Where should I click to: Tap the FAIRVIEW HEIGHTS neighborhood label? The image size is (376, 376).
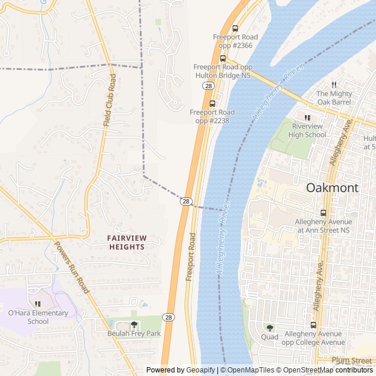coord(126,242)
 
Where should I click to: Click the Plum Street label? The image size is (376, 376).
coord(351,360)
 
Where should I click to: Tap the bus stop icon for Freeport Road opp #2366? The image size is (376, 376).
coord(236,28)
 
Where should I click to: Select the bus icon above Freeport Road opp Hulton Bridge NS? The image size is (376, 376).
coord(223,58)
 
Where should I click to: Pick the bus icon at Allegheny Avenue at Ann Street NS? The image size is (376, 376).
coord(323,212)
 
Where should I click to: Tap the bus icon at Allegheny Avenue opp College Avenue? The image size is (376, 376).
coord(314,324)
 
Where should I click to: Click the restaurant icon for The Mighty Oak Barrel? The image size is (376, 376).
coord(334,85)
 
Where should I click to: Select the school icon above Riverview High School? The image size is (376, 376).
coord(308,117)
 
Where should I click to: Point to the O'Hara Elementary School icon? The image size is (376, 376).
coord(38,304)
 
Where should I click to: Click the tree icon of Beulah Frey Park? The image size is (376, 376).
coord(134,324)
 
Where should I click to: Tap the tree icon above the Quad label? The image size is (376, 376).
coord(270,327)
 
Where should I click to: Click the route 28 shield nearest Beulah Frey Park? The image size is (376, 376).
coord(169,317)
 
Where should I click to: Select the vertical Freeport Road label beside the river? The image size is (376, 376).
coord(190,257)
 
